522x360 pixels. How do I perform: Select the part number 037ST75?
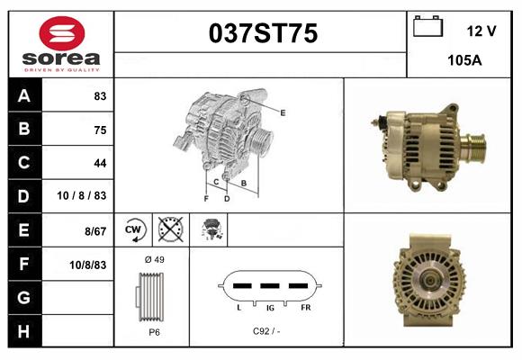coord(263,34)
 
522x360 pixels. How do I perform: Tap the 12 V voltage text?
coord(481,31)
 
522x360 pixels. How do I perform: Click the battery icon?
coord(427,27)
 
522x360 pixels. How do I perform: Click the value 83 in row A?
coord(99,96)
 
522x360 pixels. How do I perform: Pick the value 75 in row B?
coord(99,130)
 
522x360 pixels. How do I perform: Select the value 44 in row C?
coord(99,163)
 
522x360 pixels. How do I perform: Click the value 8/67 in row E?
coord(94,231)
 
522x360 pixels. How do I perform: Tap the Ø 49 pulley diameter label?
coord(154,260)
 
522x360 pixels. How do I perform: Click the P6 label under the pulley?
coord(154,332)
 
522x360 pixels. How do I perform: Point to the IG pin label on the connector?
coord(269,307)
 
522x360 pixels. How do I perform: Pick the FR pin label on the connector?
coord(305,307)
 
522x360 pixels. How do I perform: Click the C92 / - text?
coord(267,331)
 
